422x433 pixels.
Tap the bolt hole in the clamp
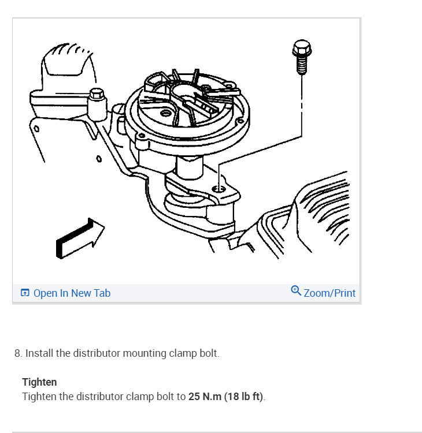[x=216, y=189]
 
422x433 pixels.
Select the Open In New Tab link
[x=72, y=293]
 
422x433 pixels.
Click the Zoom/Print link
[x=330, y=293]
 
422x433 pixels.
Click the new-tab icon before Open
[x=25, y=293]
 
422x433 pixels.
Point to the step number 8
[x=17, y=353]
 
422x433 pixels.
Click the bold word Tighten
[x=39, y=382]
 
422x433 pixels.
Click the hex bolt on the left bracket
[x=97, y=95]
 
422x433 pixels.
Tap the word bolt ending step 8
[x=208, y=353]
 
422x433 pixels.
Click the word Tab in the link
[x=102, y=293]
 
